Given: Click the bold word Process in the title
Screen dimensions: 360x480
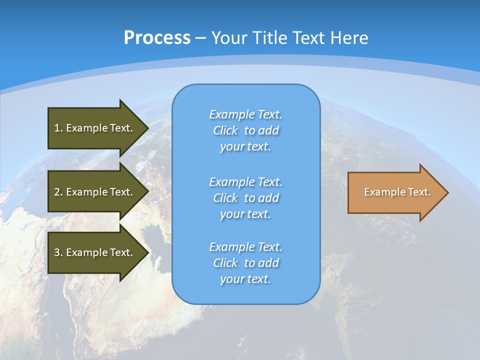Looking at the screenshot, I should [157, 38].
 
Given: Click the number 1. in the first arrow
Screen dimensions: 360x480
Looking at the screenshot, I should [58, 128].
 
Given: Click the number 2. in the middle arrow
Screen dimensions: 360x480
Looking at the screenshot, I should [58, 192].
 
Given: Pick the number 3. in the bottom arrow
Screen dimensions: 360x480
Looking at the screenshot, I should [58, 252].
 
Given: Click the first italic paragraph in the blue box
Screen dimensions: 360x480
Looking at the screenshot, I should [245, 130].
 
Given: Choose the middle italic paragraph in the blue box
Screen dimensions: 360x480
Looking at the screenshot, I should [245, 198].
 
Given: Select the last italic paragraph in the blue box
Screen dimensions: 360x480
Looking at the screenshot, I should [245, 263].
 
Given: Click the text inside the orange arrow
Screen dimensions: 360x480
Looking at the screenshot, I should [397, 192].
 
